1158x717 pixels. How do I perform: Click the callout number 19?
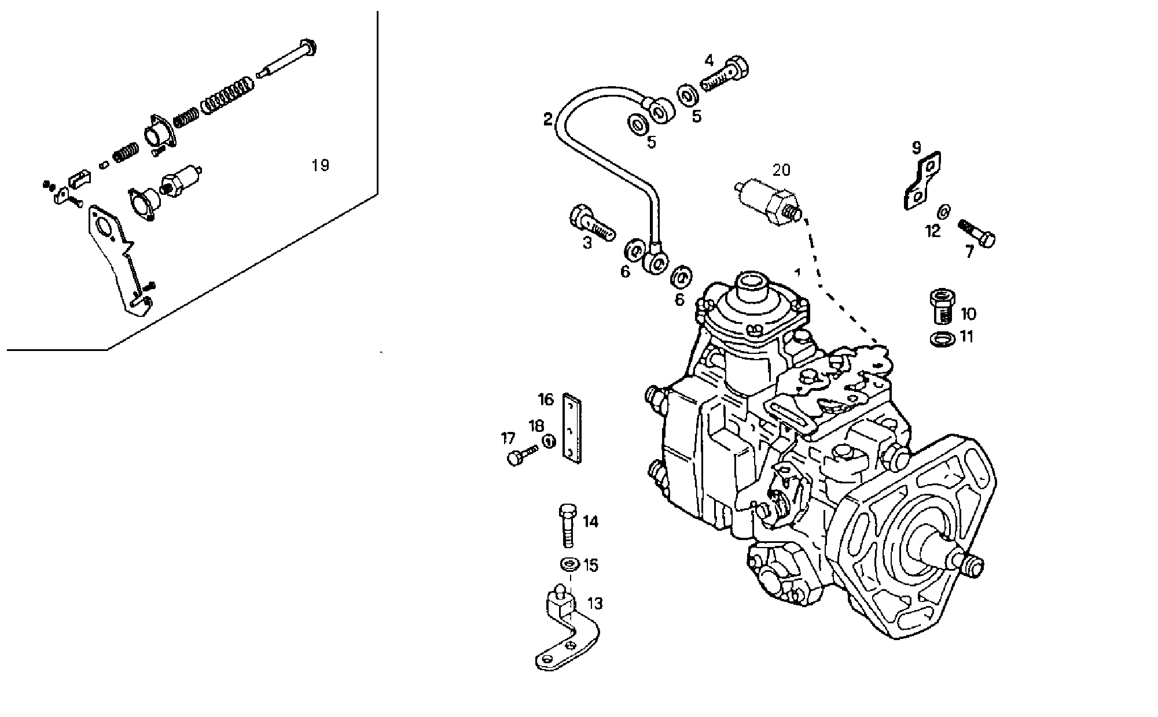point(320,165)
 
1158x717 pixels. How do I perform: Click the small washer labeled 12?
point(943,212)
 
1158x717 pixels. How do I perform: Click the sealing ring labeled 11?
point(943,339)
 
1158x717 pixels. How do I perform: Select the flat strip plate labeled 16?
point(572,428)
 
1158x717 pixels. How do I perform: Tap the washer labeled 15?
point(569,563)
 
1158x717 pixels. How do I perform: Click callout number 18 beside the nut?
point(536,426)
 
